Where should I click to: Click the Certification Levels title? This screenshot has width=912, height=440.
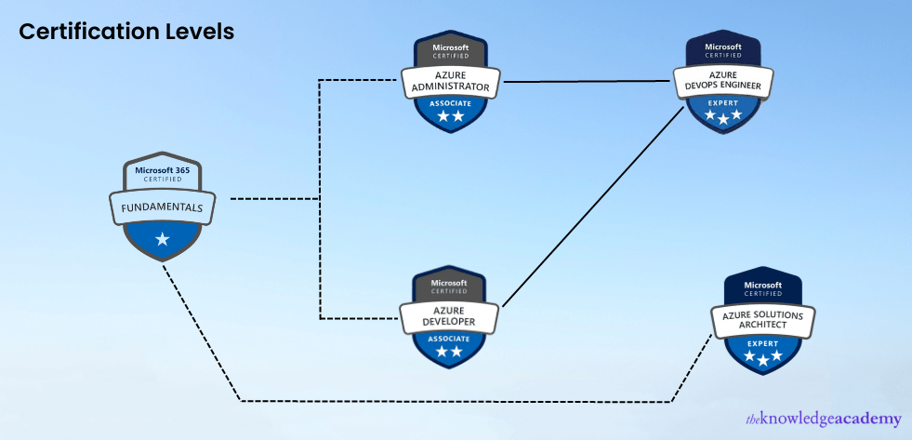tap(126, 31)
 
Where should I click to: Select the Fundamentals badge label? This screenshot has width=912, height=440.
tap(163, 207)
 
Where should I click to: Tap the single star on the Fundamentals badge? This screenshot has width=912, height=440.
tap(163, 239)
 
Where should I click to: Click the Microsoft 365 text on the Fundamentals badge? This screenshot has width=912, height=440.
tap(163, 170)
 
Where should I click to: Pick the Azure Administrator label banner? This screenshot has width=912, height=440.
tap(451, 80)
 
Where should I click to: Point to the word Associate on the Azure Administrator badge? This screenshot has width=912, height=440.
tap(451, 103)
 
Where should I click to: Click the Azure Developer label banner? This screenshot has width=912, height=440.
tap(450, 315)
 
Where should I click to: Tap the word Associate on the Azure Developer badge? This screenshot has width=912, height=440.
tap(450, 340)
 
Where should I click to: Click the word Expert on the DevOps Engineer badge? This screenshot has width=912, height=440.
tap(723, 102)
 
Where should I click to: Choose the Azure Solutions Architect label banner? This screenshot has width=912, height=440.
tap(763, 319)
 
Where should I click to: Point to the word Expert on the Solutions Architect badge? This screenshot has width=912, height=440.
tap(763, 342)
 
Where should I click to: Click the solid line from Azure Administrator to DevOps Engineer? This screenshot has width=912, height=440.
tap(586, 81)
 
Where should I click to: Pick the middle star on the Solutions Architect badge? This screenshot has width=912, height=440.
tap(763, 360)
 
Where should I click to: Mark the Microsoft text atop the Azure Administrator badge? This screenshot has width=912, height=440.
tap(451, 47)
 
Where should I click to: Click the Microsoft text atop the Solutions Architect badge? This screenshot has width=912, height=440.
tap(763, 285)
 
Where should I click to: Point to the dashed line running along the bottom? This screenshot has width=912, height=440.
tap(456, 401)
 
